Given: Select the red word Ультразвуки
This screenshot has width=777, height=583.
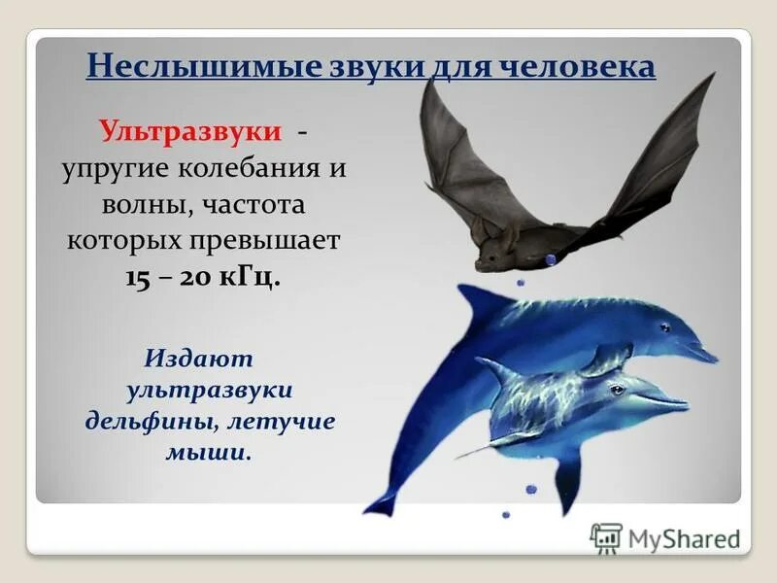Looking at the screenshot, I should pos(191,130).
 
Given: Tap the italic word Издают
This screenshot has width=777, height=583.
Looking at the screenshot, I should pos(199,359).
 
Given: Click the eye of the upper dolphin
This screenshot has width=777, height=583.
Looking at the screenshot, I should pos(664,326).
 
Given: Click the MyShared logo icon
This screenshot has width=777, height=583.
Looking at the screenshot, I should pos(606,537).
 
